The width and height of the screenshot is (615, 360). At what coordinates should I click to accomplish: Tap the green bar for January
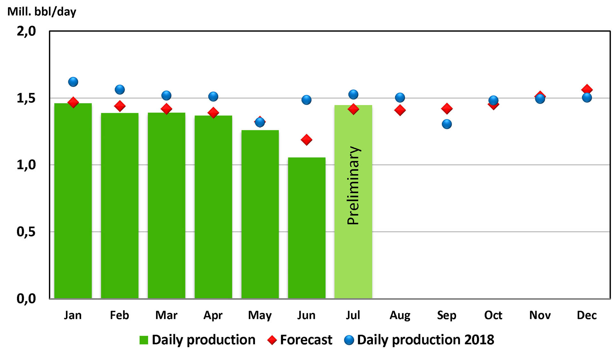(73, 202)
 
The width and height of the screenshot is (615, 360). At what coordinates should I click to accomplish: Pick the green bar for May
(260, 215)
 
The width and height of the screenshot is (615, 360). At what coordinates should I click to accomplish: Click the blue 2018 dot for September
(447, 124)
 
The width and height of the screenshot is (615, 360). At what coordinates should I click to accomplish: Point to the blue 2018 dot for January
(73, 82)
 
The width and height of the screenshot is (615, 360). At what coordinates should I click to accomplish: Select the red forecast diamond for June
(307, 140)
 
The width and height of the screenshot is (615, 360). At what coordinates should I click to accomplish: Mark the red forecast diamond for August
(400, 110)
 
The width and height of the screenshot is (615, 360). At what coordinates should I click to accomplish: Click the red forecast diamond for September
(447, 109)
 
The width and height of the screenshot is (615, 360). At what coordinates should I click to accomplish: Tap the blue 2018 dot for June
(307, 100)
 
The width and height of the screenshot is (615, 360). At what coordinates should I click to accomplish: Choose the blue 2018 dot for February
(120, 90)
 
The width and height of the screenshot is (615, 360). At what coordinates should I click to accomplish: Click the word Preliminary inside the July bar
(354, 185)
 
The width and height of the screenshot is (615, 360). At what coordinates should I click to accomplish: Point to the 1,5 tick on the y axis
(26, 98)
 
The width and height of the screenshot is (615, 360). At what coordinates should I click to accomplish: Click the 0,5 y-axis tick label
(26, 232)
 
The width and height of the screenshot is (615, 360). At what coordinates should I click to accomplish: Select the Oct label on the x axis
(493, 315)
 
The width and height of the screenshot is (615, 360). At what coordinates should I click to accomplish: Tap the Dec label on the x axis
(586, 315)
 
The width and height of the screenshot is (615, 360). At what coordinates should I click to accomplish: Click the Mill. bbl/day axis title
(42, 12)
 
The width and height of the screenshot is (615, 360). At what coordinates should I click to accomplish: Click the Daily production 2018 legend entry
(425, 340)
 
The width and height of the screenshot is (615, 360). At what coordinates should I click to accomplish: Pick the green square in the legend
(144, 340)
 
